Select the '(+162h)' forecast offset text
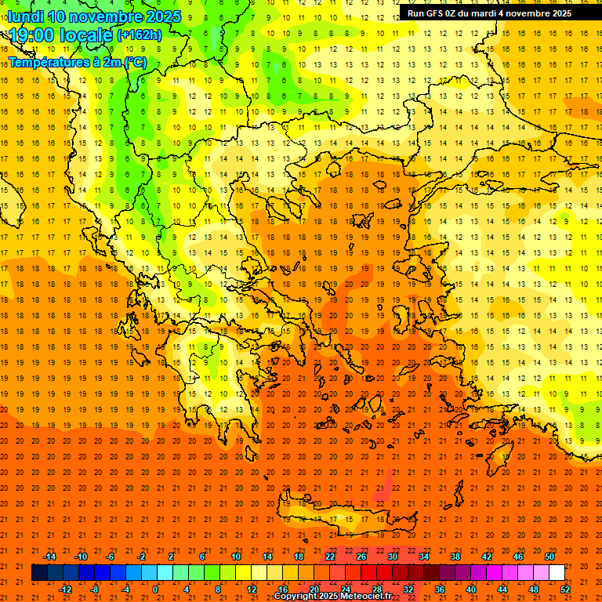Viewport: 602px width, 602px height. (139, 35)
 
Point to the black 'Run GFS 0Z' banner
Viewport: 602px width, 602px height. (489, 13)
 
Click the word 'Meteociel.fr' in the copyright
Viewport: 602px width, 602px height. (366, 597)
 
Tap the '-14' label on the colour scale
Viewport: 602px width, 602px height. (49, 557)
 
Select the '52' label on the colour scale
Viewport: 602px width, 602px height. (565, 589)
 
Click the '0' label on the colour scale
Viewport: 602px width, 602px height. (155, 589)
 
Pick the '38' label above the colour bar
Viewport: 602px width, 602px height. (455, 557)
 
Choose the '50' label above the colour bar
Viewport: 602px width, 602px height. (549, 557)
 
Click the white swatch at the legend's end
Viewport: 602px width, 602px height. (557, 573)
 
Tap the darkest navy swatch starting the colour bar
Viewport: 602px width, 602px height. (39, 573)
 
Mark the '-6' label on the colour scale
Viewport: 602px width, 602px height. (110, 557)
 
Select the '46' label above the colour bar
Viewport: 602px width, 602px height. (518, 557)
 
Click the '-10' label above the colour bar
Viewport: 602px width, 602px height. (80, 557)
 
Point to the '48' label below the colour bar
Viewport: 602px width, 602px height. (534, 589)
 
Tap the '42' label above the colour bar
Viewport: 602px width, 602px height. (487, 557)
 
